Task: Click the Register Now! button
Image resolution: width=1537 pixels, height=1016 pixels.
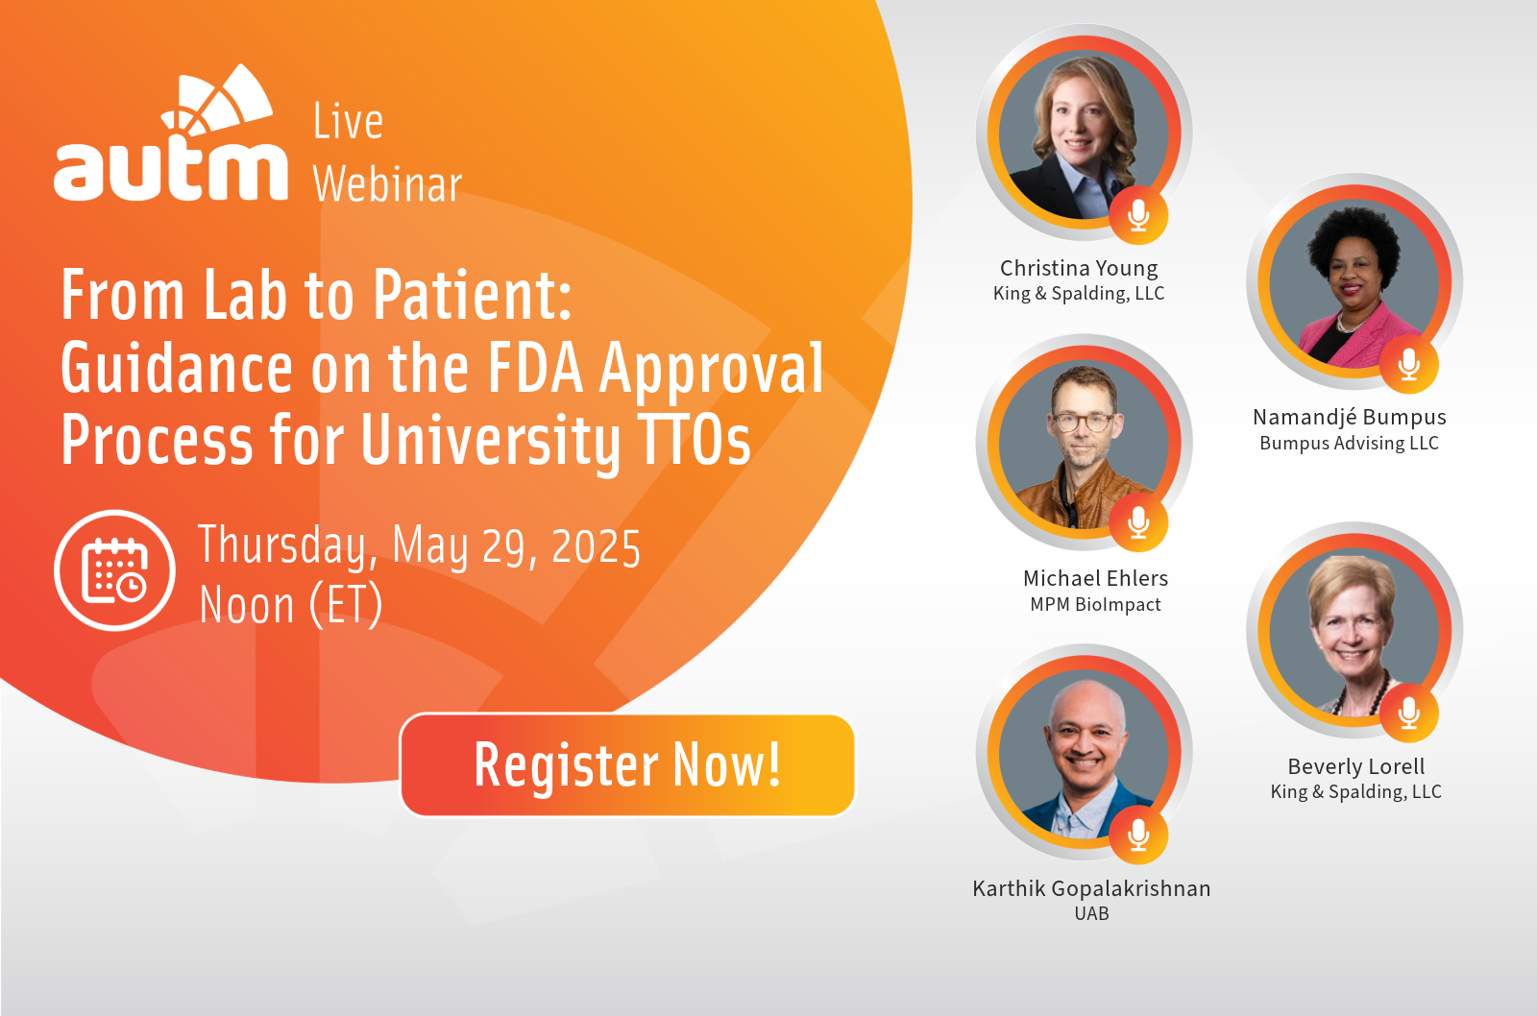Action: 627,765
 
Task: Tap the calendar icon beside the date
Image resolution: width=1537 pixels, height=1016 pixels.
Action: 114,569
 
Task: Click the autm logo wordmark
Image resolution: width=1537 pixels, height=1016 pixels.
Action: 170,133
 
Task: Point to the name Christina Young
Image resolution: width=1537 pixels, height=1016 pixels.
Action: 1079,268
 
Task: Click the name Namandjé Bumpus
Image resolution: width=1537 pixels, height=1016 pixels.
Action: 1349,417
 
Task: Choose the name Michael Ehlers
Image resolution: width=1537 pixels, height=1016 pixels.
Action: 1095,578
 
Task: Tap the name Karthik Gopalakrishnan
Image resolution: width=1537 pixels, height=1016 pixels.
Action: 1091,888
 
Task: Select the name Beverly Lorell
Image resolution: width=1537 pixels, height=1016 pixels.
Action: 1355,766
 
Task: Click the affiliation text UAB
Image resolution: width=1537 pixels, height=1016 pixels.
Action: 1091,914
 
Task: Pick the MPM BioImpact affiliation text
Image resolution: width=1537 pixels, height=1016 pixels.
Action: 1095,604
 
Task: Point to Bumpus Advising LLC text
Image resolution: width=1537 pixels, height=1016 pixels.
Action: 1349,443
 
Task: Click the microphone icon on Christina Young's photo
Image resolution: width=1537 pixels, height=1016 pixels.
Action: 1138,215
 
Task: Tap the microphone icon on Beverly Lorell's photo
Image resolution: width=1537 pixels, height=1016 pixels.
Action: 1408,713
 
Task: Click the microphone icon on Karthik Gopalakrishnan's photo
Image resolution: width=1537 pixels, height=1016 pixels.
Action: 1138,835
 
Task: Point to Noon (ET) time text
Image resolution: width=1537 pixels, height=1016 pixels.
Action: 290,604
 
